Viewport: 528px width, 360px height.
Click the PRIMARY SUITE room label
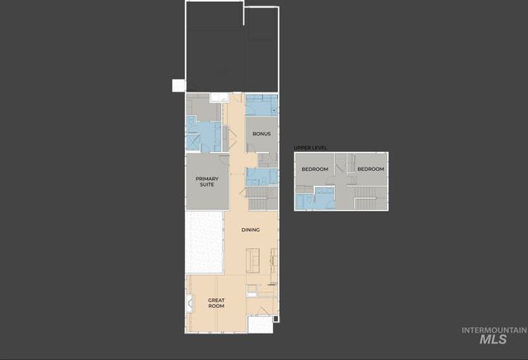point(206,181)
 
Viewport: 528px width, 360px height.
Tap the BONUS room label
point(262,133)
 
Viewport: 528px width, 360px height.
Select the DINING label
point(251,230)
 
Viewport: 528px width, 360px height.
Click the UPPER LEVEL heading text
point(310,148)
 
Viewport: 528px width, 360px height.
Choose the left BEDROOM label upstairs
point(314,169)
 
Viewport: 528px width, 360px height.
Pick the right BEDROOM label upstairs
point(370,169)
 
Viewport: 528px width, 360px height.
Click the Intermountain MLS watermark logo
point(493,334)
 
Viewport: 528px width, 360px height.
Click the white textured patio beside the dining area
point(204,243)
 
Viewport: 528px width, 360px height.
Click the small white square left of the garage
point(177,85)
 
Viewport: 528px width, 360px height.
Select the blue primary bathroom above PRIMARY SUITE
point(203,132)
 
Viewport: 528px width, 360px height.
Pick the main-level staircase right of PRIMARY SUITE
point(257,198)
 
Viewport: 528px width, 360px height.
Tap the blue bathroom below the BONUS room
point(260,176)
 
